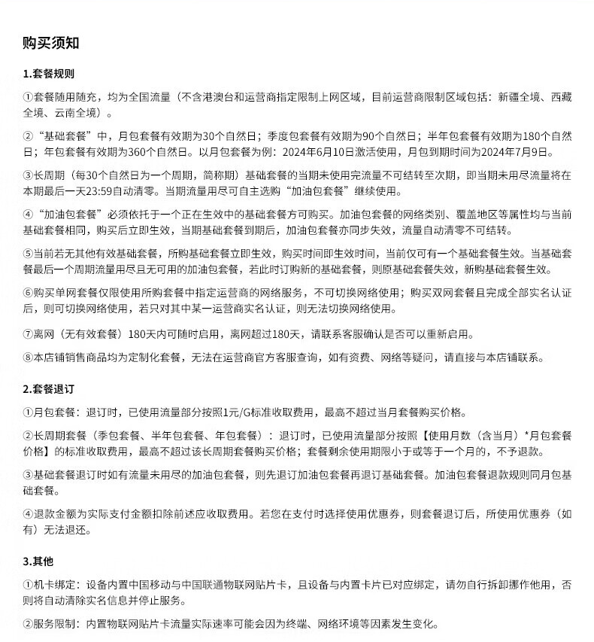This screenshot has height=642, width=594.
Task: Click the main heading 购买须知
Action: coord(51,43)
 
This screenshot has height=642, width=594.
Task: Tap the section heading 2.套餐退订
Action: coord(48,389)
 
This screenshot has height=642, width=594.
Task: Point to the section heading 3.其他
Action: coord(38,561)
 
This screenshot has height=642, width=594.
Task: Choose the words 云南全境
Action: coord(81,113)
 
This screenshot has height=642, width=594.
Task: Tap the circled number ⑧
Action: coord(28,358)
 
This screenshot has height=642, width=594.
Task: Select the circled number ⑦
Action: coord(28,333)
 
